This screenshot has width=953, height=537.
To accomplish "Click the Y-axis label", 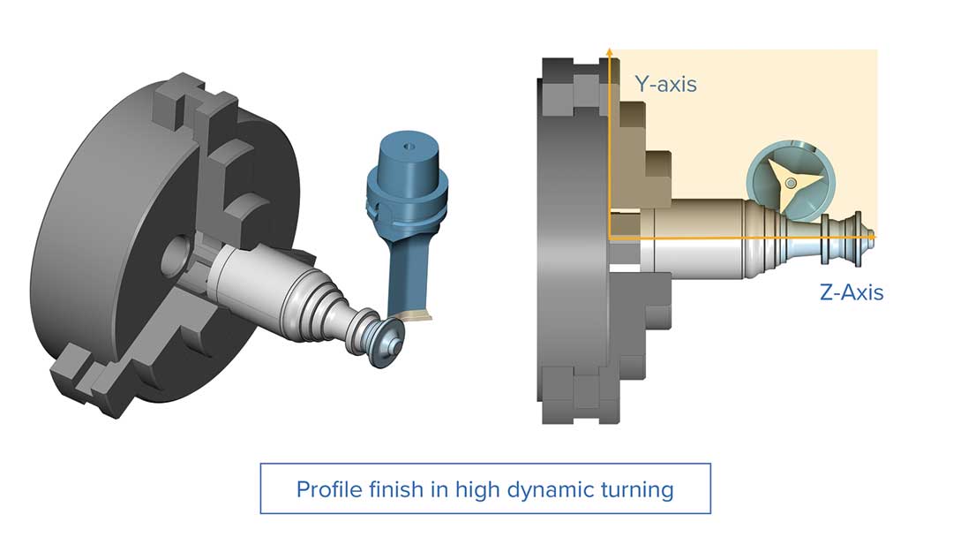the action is [x=665, y=84].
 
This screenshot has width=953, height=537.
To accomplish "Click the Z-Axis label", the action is [x=852, y=292].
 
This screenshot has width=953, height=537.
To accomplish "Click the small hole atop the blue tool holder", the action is [x=409, y=146].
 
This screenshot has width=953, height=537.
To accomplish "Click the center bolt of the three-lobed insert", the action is [x=790, y=183].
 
